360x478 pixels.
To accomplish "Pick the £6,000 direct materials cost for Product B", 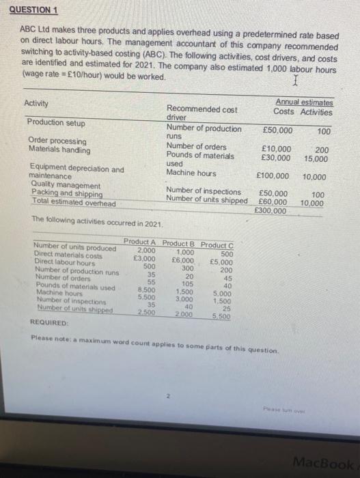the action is point(184,260).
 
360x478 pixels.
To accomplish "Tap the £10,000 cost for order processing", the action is point(275,150).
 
